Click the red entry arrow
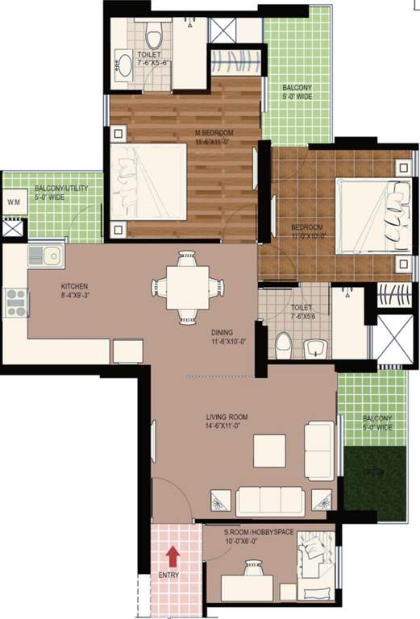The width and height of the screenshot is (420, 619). pos(171,556)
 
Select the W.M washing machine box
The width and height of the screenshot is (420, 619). pos(13,201)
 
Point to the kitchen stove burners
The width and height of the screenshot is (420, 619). pos(16,302)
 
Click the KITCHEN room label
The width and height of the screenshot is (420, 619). pos(74,290)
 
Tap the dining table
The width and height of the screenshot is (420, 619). pos(185,287)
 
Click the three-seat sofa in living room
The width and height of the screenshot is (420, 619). pos(270,501)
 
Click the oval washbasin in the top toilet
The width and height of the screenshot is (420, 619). pos(125,65)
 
